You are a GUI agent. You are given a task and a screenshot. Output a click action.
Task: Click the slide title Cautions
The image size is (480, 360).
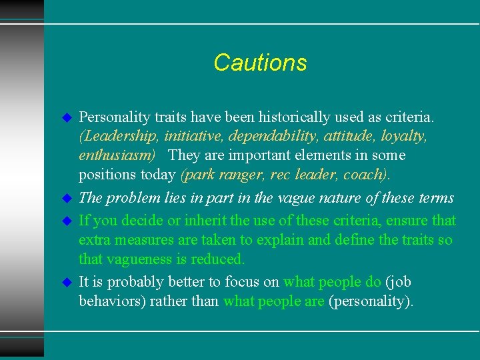coord(260,63)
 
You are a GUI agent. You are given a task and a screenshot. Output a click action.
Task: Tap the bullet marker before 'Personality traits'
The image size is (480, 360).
coord(67,117)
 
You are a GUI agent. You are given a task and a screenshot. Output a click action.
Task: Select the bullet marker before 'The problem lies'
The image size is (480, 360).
coord(67,199)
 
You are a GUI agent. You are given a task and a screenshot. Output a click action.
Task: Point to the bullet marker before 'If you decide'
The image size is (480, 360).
coord(67,221)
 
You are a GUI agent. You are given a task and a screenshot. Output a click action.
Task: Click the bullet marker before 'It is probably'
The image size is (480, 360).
coord(67,283)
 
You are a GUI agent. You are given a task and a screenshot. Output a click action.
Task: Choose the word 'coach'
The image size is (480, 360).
coord(367,175)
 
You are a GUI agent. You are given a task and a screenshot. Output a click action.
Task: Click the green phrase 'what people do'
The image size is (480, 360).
coord(332,282)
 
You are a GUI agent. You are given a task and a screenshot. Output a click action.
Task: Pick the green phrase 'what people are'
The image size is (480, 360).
coord(274,301)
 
